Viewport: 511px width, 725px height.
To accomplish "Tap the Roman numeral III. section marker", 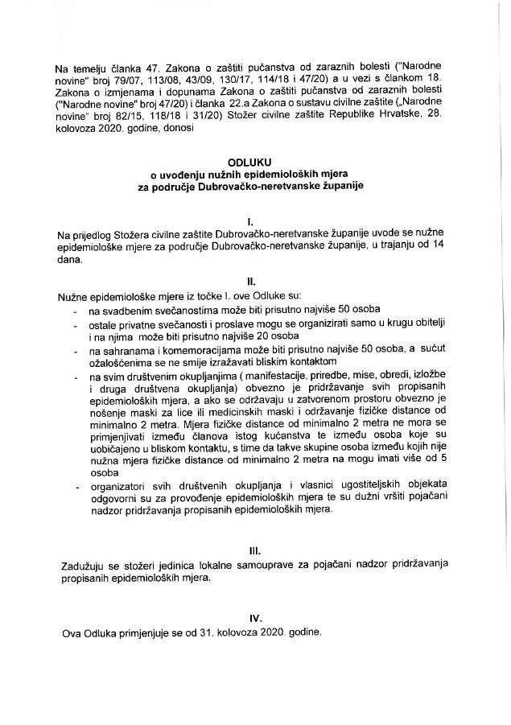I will [x=254, y=551].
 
